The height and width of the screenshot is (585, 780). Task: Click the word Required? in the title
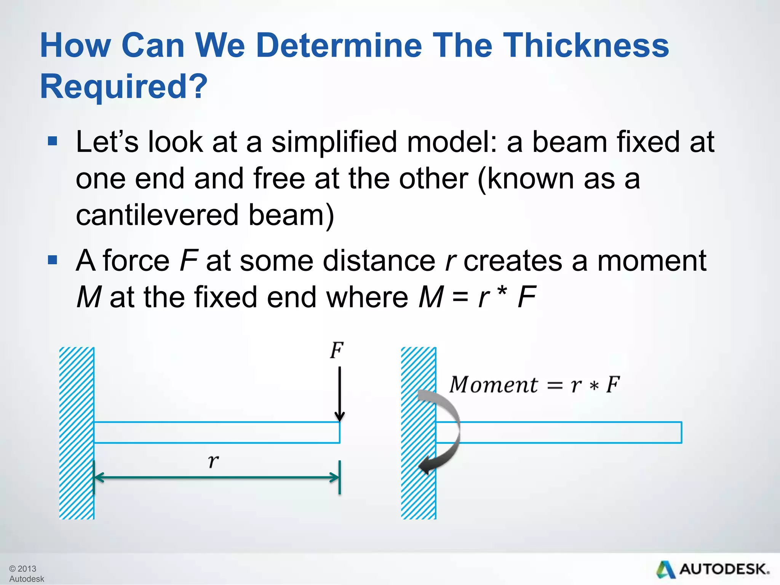124,86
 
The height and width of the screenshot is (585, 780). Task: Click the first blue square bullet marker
53,142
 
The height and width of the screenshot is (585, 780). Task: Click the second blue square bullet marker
53,260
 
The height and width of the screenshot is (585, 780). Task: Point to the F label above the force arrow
337,350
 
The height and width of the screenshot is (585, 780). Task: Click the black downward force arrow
339,394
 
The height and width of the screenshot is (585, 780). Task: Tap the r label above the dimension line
213,460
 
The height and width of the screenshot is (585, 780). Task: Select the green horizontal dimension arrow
216,477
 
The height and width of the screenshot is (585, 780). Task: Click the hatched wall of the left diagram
77,433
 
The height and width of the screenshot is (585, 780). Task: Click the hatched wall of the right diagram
418,495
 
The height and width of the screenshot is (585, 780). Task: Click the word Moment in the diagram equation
494,385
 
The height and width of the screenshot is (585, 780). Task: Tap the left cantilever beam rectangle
216,433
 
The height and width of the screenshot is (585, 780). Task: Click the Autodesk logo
713,570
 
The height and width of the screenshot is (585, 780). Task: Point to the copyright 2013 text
23,569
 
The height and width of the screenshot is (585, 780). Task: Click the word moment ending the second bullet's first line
652,261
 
